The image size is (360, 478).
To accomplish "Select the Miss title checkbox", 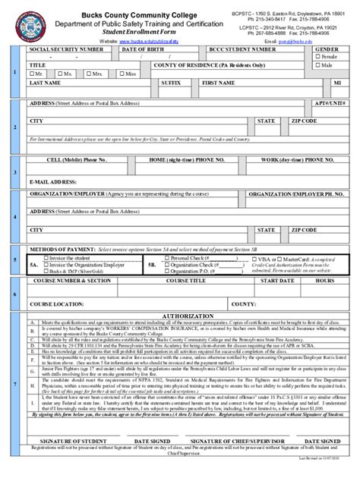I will tap(122, 74).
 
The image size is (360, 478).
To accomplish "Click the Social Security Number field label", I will tap(66, 49).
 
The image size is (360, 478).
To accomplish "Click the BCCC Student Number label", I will tap(243, 49).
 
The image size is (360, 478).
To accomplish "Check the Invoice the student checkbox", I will tap(46, 258).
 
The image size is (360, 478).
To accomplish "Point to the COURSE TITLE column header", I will tap(186, 281).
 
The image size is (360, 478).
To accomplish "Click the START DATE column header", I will tap(277, 281).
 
